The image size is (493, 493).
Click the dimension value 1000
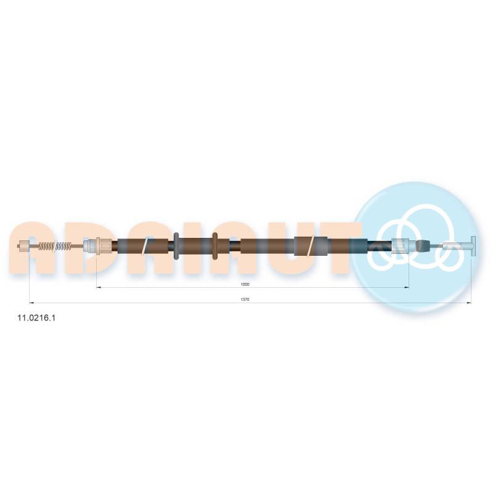(x=245, y=285)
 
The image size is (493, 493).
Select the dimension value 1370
(x=245, y=299)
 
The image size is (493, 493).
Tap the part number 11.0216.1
(x=36, y=318)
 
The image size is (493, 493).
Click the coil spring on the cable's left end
(x=55, y=245)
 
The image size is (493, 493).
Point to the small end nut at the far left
(x=24, y=245)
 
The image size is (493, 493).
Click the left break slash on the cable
(x=145, y=245)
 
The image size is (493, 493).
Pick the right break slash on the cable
(x=311, y=245)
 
